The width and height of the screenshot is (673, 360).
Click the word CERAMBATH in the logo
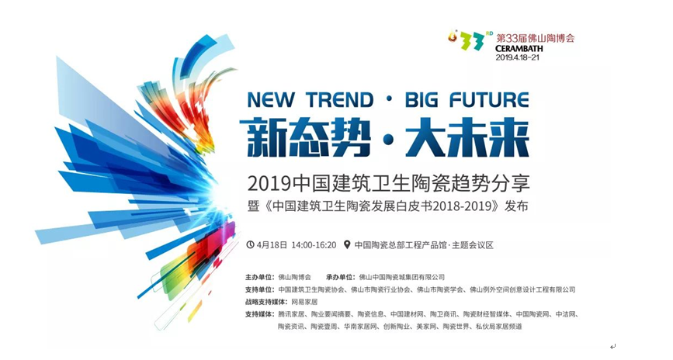[x=519, y=48]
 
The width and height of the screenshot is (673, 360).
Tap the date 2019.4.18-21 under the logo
[x=517, y=57]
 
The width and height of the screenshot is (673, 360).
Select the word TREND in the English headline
[x=340, y=100]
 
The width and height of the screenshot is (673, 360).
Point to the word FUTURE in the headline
[x=489, y=100]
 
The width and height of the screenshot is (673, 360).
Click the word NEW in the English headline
[x=270, y=100]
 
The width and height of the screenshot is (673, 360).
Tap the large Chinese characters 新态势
[x=305, y=138]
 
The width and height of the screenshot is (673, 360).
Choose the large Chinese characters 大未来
[x=467, y=138]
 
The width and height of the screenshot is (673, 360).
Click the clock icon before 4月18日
[x=250, y=245]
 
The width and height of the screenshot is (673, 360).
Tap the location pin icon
[x=347, y=245]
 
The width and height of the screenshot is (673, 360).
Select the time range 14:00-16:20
[x=314, y=245]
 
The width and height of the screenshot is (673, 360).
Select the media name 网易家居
[x=304, y=302]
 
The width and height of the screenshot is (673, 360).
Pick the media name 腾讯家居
[x=291, y=314]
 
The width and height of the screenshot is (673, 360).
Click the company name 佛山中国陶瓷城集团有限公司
[x=402, y=277]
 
